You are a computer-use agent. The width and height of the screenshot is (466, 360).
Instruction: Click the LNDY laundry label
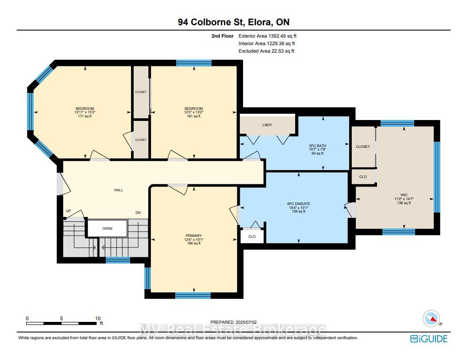click(x=267, y=125)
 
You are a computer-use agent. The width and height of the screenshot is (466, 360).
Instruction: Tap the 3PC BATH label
click(x=317, y=146)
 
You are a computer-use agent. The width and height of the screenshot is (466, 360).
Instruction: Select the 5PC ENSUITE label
click(x=298, y=204)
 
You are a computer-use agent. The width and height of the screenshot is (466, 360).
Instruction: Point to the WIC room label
click(x=404, y=195)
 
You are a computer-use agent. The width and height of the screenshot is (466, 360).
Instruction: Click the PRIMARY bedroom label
click(x=194, y=236)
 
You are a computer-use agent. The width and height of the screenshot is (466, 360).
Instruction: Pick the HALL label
click(x=118, y=190)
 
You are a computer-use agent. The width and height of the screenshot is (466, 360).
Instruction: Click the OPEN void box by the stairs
click(x=107, y=228)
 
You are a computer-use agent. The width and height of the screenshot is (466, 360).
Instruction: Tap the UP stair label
click(x=69, y=211)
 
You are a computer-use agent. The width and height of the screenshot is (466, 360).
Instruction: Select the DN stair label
click(x=138, y=213)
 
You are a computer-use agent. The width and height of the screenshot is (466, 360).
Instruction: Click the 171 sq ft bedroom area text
click(x=85, y=116)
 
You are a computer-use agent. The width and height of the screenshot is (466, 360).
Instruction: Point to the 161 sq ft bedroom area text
click(x=193, y=116)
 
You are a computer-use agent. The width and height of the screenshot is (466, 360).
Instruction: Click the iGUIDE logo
click(x=428, y=339)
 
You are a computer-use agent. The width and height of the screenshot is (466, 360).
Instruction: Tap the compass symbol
click(x=431, y=318)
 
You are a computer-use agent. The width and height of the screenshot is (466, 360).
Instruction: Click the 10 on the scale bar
click(x=98, y=318)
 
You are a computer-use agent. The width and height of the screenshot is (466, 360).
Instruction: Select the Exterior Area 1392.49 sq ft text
click(x=267, y=36)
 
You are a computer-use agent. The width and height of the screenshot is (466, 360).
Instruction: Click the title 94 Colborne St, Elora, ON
click(x=234, y=22)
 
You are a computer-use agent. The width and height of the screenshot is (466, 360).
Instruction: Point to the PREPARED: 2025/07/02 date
click(x=233, y=322)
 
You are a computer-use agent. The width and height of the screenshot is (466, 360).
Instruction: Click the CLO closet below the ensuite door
click(x=252, y=236)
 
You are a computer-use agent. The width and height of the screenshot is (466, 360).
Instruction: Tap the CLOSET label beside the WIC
click(x=363, y=147)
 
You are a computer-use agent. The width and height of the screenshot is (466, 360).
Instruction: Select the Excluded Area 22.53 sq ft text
click(x=266, y=51)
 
